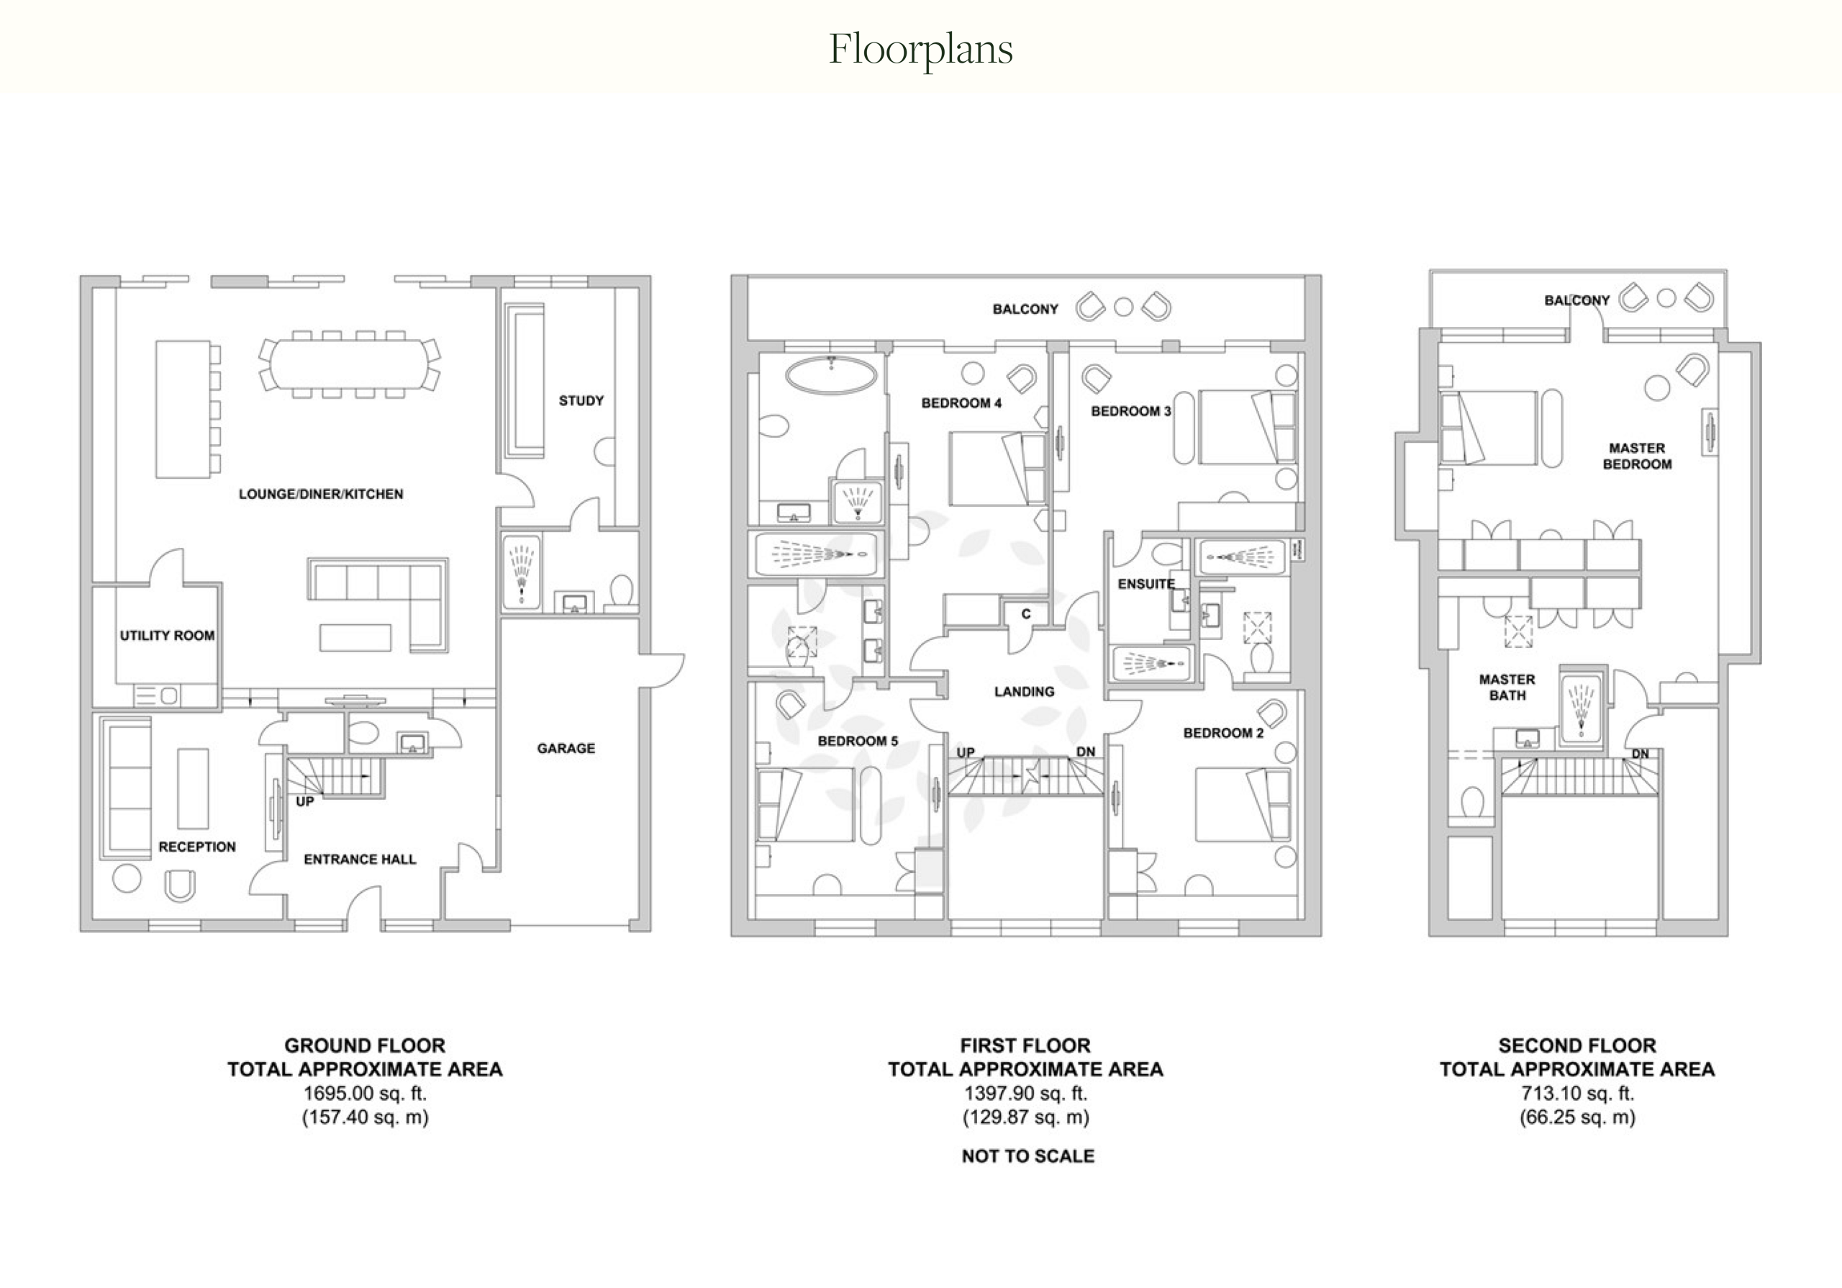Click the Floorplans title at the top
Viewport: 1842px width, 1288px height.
pos(920,50)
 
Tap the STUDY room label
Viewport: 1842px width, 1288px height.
pos(581,400)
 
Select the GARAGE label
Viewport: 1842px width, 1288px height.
pos(566,748)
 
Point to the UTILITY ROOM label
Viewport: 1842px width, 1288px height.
pos(167,636)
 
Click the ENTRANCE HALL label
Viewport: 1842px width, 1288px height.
pos(360,860)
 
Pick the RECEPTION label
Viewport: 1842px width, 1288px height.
pos(196,847)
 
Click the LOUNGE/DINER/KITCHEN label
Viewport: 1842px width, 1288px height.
pos(321,495)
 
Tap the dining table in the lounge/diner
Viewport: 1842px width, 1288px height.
pos(350,364)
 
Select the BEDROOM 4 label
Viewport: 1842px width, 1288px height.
pos(961,403)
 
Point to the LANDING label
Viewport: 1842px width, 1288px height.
pos(1024,692)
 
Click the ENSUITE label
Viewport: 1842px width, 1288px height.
pos(1145,584)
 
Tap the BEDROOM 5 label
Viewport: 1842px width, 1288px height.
pos(858,741)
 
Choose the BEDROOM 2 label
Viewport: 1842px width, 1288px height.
pos(1223,733)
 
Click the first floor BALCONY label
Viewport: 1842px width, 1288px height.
pos(1025,309)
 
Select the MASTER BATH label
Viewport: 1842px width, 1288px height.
pos(1507,688)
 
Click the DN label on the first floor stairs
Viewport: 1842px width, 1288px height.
pos(1086,752)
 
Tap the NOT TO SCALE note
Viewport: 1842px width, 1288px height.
pos(1027,1156)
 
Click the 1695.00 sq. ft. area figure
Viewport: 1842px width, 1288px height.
pos(365,1093)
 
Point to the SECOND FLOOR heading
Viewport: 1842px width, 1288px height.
pos(1577,1045)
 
